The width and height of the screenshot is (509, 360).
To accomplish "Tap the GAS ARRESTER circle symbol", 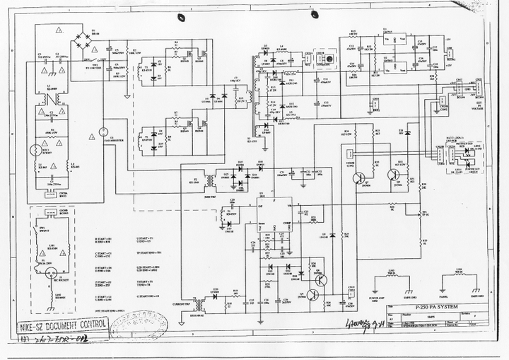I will point(100,131).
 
